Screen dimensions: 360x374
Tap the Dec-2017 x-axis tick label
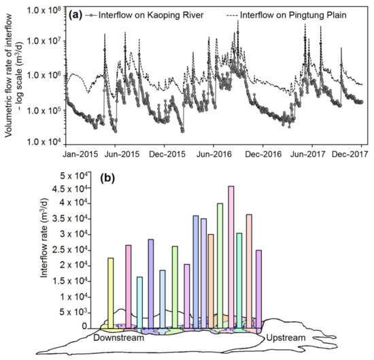click(x=352, y=154)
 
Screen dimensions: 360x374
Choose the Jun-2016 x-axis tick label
click(x=213, y=154)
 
